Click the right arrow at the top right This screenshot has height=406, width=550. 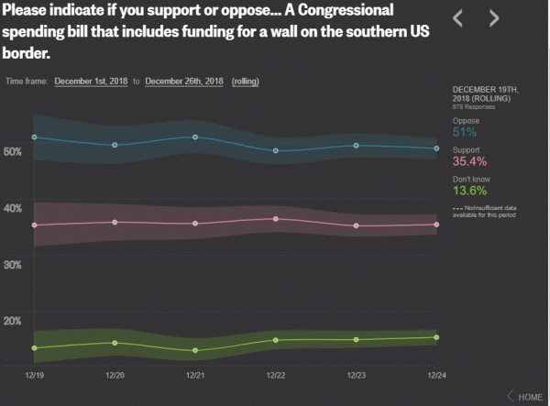(x=494, y=17)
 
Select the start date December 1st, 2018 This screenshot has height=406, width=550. (x=92, y=81)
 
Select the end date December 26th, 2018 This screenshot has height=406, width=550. (x=184, y=81)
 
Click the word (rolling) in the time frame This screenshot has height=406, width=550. (x=245, y=81)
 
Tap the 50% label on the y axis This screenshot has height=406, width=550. (x=14, y=151)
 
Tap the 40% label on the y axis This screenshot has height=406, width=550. (x=14, y=208)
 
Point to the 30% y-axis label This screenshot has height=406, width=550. (x=14, y=265)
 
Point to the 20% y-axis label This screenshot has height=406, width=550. (x=14, y=321)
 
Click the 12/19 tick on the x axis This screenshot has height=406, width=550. (x=34, y=375)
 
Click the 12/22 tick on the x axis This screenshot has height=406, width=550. (x=275, y=375)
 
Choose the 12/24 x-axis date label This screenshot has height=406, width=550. (x=436, y=375)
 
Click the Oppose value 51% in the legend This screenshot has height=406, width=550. (x=466, y=132)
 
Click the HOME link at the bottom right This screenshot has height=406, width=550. (x=530, y=397)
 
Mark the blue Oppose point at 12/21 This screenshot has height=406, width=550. (x=195, y=137)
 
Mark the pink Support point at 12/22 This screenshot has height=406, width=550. (x=275, y=219)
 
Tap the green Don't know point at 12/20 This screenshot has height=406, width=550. (x=115, y=343)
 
